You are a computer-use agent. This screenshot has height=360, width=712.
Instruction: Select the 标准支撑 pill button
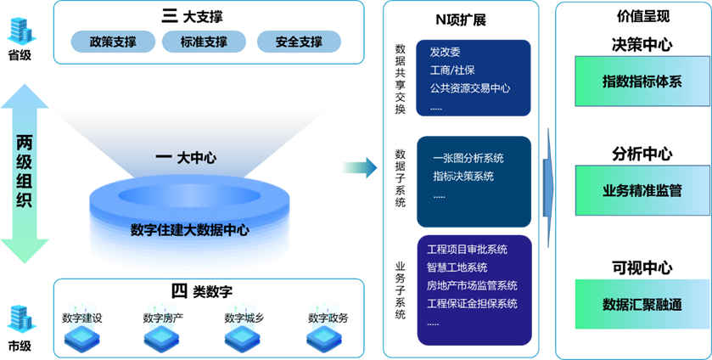pos(205,42)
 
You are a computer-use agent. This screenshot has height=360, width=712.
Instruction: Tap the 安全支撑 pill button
pos(299,42)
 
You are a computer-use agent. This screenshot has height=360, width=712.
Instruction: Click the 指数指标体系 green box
pos(642,82)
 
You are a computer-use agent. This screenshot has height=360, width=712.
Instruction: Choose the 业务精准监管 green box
pos(642,191)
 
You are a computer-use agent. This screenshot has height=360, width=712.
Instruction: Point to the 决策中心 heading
pos(642,44)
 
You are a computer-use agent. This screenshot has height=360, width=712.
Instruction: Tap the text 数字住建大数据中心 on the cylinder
pos(189,230)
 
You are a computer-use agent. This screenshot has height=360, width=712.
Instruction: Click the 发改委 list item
pos(445,53)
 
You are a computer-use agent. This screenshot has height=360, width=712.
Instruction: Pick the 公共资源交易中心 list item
pos(469,88)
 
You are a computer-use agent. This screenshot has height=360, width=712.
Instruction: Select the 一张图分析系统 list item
pos(468,158)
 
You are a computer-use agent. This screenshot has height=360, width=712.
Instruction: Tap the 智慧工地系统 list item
pos(457,267)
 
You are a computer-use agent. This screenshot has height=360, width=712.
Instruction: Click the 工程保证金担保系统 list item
pos(472,304)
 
